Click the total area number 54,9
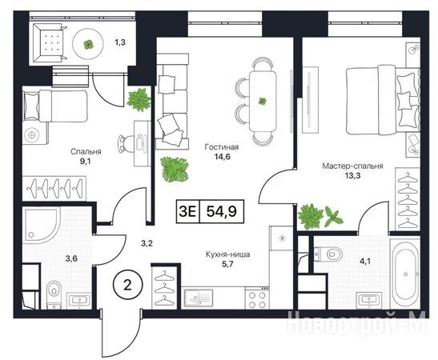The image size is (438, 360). click(x=222, y=211)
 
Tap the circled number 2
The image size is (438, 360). click(x=127, y=286)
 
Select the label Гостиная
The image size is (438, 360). click(x=222, y=146)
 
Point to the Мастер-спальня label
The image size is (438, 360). click(x=352, y=166)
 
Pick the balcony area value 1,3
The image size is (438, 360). click(x=120, y=42)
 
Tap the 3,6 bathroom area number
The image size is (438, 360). click(x=71, y=258)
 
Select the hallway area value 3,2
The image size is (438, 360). click(x=147, y=244)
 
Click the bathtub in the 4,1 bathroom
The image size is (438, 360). click(x=404, y=272)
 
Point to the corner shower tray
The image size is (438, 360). click(x=42, y=225)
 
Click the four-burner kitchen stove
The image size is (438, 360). click(x=257, y=298)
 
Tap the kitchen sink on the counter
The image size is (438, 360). click(x=199, y=299)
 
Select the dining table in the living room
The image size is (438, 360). click(x=262, y=101)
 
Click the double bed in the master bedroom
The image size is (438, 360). click(x=383, y=100)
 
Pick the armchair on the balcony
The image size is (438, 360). click(x=50, y=42)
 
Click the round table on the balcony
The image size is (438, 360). click(x=89, y=44)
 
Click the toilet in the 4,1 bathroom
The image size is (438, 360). click(x=329, y=254)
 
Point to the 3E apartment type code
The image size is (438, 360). click(x=187, y=211)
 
